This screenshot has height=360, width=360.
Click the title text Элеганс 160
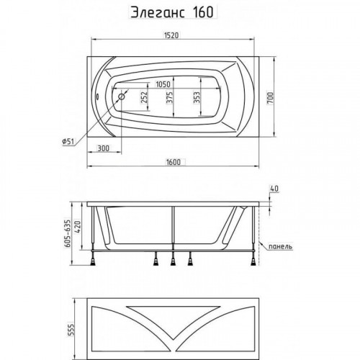(x=172, y=12)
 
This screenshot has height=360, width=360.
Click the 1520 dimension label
(x=171, y=35)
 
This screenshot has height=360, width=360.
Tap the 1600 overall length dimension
(x=174, y=162)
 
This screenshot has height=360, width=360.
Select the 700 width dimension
(x=270, y=98)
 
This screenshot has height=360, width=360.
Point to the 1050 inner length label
(x=163, y=84)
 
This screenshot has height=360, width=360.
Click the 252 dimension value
(x=144, y=97)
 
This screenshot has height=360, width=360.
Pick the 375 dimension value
(x=169, y=97)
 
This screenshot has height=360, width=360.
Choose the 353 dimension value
(x=197, y=97)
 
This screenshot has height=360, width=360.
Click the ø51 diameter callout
(x=68, y=142)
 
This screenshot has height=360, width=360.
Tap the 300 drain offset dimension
(x=103, y=148)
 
